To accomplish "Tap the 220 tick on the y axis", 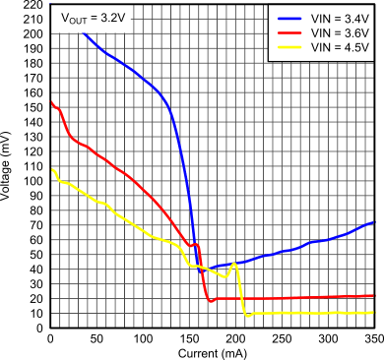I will (x=32, y=5).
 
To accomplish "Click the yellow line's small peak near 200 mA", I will (x=233, y=264).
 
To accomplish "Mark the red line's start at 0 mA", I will (x=50, y=101).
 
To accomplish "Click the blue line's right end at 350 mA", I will (x=373, y=222).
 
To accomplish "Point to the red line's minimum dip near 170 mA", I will (x=210, y=300).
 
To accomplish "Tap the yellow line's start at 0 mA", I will (x=50, y=169).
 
